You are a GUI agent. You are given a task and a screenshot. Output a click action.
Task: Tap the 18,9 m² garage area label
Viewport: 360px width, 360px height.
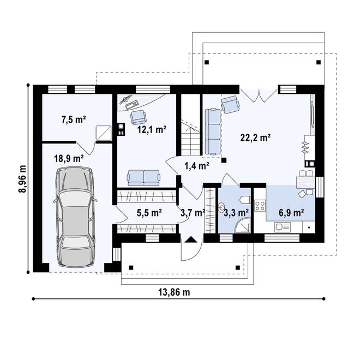(x=68, y=159)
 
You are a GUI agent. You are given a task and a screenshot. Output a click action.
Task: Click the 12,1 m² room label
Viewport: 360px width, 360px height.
(x=152, y=130)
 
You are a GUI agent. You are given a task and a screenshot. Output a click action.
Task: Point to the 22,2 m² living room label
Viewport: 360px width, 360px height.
(x=256, y=138)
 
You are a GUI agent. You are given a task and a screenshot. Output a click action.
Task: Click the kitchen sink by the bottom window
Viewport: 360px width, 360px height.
(x=283, y=227)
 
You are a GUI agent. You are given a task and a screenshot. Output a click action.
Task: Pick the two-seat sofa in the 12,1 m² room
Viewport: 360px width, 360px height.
(x=143, y=176)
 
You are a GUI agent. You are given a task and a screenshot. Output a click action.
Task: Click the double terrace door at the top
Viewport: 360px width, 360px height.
(x=259, y=95)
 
